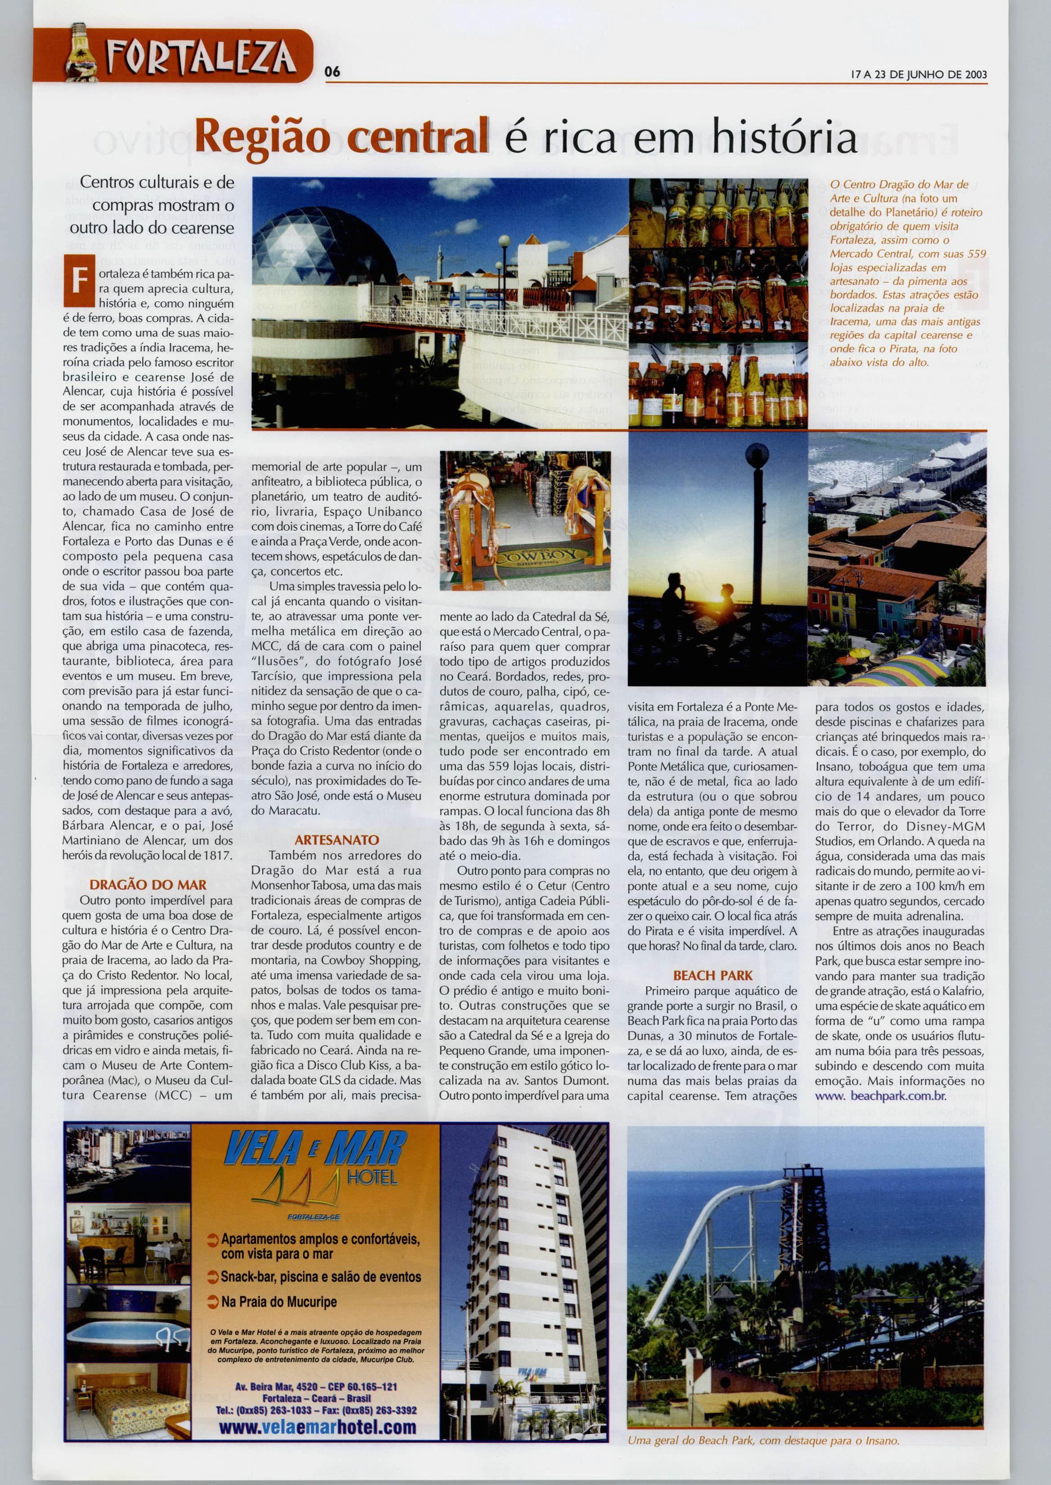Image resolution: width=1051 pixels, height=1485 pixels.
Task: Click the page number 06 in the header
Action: click(x=332, y=72)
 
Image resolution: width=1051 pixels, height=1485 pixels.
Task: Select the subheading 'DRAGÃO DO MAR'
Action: click(x=148, y=885)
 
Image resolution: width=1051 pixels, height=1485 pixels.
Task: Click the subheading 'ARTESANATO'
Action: click(x=336, y=840)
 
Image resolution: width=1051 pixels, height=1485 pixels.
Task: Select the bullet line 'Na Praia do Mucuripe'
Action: click(x=278, y=1302)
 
